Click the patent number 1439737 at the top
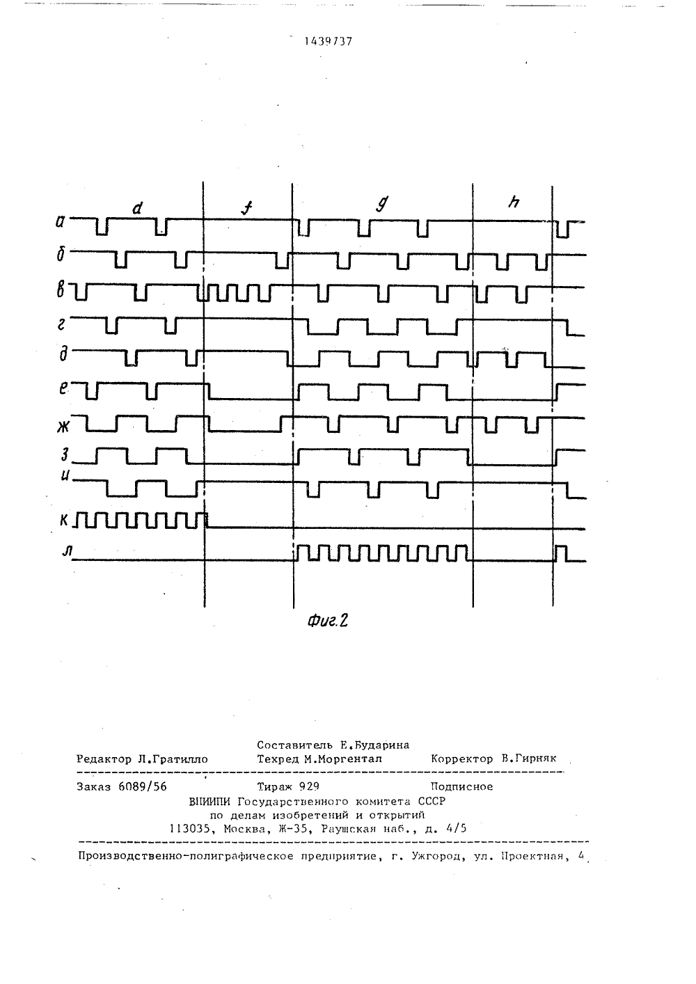[329, 42]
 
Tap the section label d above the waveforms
[138, 207]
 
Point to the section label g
[382, 203]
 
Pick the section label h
[513, 202]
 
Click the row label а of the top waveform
[60, 222]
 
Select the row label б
[61, 254]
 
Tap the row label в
[61, 291]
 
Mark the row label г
[62, 324]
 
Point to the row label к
[64, 521]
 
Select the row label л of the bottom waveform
[67, 552]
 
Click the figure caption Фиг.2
[328, 620]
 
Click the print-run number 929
[309, 786]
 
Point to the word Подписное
[462, 786]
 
